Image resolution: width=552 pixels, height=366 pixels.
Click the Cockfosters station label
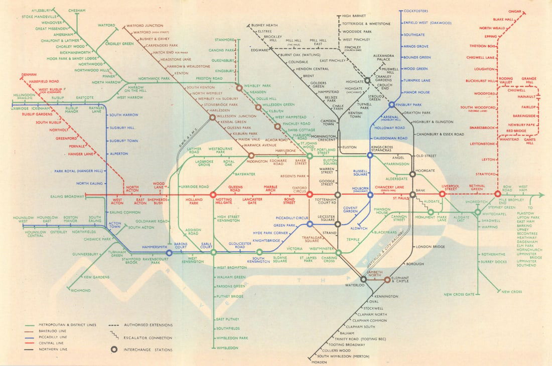[419, 10]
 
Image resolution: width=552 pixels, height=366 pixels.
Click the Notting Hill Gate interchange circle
[213, 194]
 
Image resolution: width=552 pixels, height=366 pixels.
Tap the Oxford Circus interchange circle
[310, 194]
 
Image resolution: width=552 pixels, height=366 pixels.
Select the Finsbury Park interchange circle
[392, 105]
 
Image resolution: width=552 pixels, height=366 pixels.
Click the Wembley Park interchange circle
[240, 87]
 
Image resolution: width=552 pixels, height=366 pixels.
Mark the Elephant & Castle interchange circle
[387, 279]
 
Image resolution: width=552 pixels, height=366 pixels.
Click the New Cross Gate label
[459, 294]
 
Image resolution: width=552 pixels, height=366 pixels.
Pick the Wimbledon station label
[227, 347]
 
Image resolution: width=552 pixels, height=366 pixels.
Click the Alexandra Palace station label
[383, 57]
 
